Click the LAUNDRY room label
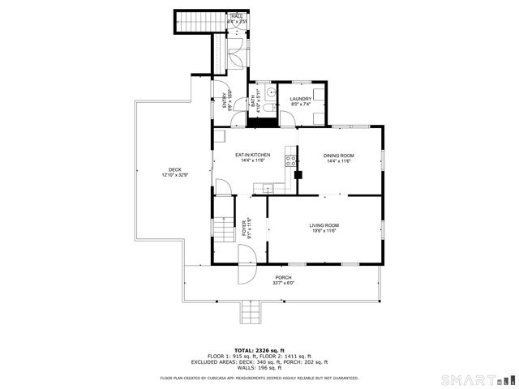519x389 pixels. click(x=301, y=99)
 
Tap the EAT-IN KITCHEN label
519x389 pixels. click(x=252, y=155)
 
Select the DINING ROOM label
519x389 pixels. click(x=339, y=156)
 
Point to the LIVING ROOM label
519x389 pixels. click(x=324, y=225)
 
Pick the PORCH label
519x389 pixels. click(x=283, y=277)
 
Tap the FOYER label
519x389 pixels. click(x=245, y=228)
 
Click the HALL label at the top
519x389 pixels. click(x=237, y=16)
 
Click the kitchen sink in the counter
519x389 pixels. click(x=270, y=189)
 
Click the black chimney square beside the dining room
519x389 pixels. click(x=298, y=173)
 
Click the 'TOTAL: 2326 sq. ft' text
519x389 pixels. click(x=259, y=349)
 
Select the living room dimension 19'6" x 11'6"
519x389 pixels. click(x=324, y=231)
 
